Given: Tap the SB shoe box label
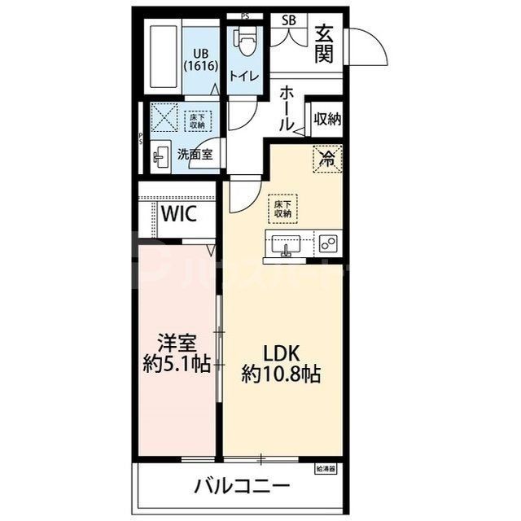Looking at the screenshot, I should point(289,21).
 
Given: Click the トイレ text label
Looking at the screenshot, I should point(244,77).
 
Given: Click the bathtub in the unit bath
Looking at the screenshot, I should point(164,59).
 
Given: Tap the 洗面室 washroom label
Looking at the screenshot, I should point(195,153).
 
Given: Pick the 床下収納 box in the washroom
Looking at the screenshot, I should point(197,121).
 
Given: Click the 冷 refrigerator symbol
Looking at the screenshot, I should point(326,158).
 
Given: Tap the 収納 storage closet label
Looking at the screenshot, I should point(327,119).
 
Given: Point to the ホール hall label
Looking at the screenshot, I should point(286,110).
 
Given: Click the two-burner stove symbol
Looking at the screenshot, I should point(329,245).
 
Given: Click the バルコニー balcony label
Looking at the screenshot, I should point(242,487).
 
